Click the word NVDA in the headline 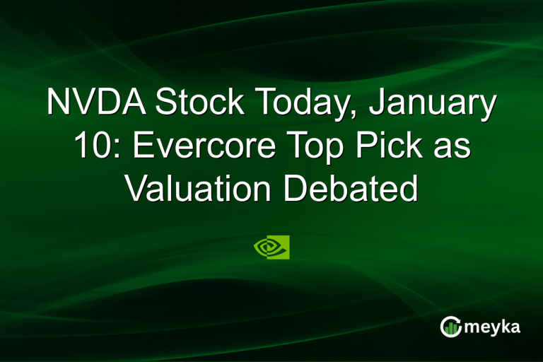coord(98,103)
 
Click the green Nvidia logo coord(271,247)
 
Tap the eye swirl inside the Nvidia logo coord(267,247)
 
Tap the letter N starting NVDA coord(58,103)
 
